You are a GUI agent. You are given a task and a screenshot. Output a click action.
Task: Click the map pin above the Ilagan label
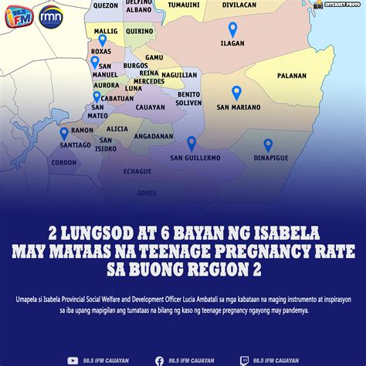(232, 30)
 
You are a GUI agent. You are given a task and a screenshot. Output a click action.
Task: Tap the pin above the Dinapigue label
(268, 144)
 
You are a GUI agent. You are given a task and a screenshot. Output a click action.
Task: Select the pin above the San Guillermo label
(191, 143)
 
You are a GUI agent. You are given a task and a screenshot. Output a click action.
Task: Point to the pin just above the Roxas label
(102, 40)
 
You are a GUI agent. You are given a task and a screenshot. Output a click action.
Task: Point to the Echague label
(137, 171)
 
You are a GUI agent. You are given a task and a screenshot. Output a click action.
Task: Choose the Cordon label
(64, 163)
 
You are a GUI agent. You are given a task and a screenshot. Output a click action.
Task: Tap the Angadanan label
(153, 136)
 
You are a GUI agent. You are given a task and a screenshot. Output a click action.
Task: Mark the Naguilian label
(180, 75)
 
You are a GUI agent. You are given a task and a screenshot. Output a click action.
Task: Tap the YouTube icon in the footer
(73, 360)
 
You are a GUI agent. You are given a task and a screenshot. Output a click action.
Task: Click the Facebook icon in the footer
(159, 360)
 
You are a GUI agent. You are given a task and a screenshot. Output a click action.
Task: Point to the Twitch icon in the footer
(245, 360)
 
